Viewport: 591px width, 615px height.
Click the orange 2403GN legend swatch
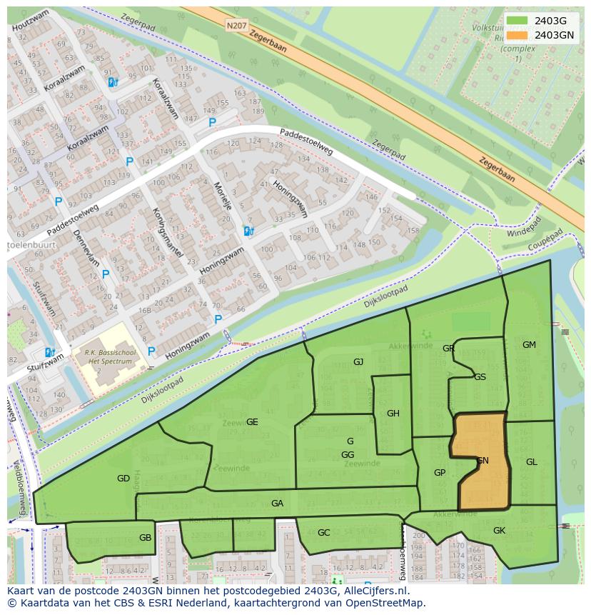click(x=519, y=34)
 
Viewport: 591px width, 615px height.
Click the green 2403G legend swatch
click(x=519, y=21)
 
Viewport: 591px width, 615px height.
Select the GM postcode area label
click(x=529, y=345)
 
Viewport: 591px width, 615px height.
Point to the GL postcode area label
click(x=532, y=462)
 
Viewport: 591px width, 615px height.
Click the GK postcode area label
click(x=499, y=531)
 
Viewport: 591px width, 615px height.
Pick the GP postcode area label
click(x=440, y=473)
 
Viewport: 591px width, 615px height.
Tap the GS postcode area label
click(x=480, y=377)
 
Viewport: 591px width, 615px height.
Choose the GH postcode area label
click(x=393, y=414)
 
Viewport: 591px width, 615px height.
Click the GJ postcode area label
click(x=358, y=362)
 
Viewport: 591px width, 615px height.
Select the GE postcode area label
click(x=252, y=422)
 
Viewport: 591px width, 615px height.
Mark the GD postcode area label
click(x=123, y=479)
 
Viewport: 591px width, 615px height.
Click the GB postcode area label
click(x=146, y=538)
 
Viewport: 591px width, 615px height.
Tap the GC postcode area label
click(x=324, y=533)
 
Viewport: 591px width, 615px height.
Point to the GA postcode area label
click(x=277, y=504)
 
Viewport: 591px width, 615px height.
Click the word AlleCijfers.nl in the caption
click(x=375, y=591)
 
